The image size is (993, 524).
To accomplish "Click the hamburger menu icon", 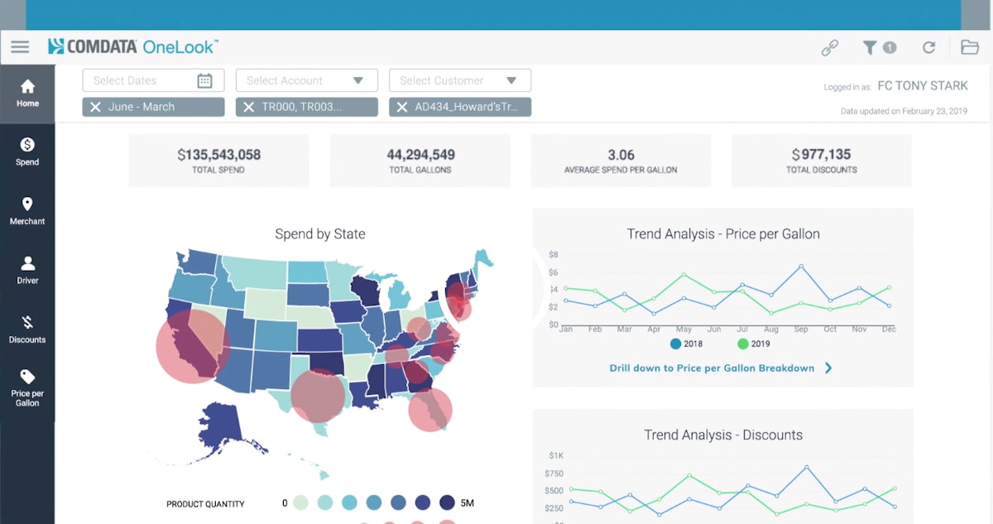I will tap(20, 47).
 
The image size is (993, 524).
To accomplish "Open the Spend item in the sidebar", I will tap(27, 151).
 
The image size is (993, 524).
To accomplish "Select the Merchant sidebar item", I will tap(27, 211).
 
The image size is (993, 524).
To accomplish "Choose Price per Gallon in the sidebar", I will tap(27, 387).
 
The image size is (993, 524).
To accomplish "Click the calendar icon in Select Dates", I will tap(204, 80).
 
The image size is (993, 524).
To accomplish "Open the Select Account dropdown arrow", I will tap(358, 80).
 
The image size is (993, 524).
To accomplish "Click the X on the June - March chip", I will tap(95, 107).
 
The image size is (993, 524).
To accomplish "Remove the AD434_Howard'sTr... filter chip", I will tap(402, 107).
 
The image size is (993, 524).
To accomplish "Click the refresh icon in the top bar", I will tap(928, 48).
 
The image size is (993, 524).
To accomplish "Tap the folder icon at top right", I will tap(969, 47).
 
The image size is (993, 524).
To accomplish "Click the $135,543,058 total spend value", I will tap(218, 154).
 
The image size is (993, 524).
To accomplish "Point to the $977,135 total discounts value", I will tap(821, 154).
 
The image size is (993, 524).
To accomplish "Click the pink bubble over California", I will tap(193, 345).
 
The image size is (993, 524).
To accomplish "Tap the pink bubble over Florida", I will tap(429, 409).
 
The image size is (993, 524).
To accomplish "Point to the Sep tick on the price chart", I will tap(800, 329).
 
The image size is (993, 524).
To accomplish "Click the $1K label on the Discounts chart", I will tap(555, 455).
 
